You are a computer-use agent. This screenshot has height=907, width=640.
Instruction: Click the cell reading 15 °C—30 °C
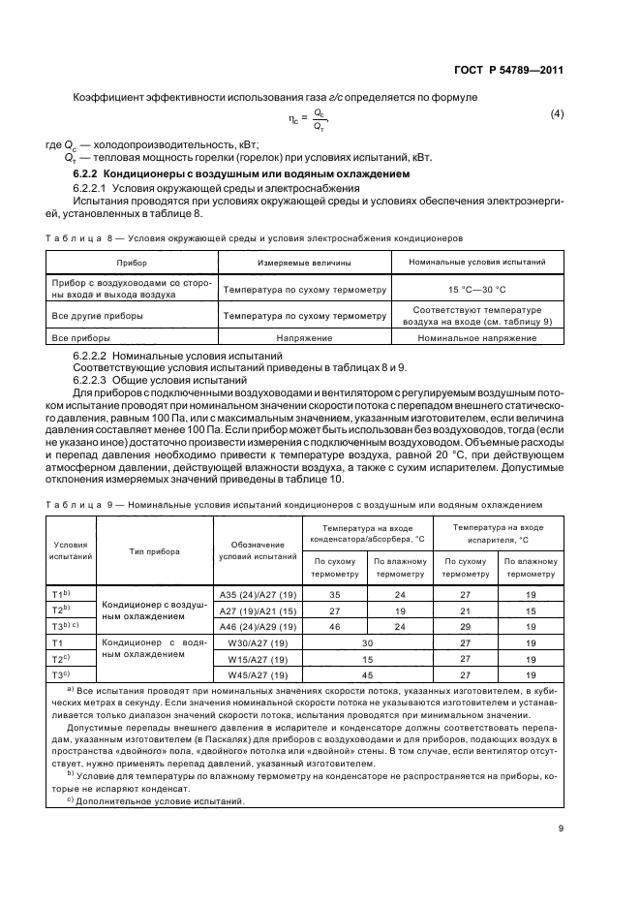[x=476, y=289]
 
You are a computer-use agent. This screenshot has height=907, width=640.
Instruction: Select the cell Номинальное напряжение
[x=476, y=337]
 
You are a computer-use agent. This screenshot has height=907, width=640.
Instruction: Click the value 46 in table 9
[x=335, y=626]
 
